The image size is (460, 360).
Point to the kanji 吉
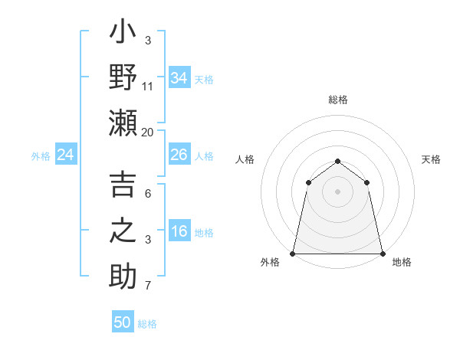[x=123, y=186]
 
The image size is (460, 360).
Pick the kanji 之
[x=123, y=231]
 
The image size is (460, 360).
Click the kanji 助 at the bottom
[x=123, y=275]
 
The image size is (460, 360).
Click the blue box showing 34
[x=179, y=77]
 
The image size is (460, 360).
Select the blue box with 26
[x=179, y=155]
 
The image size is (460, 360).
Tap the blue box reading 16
[x=179, y=231]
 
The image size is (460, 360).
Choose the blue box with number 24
[x=65, y=155]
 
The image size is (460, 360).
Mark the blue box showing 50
[x=123, y=322]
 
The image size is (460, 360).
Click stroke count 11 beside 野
[x=148, y=86]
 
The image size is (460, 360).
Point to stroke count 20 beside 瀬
[x=148, y=132]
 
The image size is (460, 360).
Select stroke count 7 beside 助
[x=148, y=286]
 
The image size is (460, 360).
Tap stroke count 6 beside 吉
[x=148, y=195]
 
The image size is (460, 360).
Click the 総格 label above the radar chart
[x=337, y=100]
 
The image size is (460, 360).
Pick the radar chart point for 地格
[x=382, y=253]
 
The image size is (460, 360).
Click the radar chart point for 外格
[x=293, y=253]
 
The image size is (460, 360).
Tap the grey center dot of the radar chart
[x=337, y=191]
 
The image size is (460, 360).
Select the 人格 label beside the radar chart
[x=245, y=159]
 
